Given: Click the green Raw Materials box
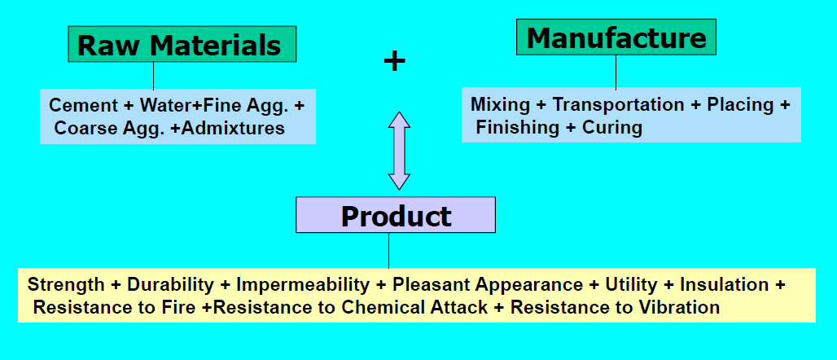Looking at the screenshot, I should click(x=182, y=44).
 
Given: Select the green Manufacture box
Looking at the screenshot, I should click(x=616, y=37).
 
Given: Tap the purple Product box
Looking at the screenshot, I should click(x=395, y=216).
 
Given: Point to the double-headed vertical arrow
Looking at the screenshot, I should click(x=399, y=151).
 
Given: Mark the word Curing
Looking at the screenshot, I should click(x=611, y=127).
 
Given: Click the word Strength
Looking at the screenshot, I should click(x=65, y=284).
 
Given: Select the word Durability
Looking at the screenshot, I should click(x=171, y=284).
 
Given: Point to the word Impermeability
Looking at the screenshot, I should click(x=303, y=284).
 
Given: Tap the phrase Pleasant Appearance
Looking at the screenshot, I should click(x=487, y=284).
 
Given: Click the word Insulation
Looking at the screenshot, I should click(x=724, y=284).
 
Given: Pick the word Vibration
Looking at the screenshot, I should click(x=681, y=307).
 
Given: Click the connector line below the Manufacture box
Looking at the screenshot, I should click(x=616, y=72).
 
